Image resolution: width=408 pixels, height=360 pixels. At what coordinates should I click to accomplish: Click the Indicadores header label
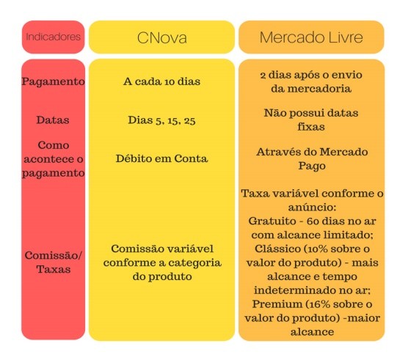53,37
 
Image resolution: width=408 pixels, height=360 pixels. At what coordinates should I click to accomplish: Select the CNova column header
162,37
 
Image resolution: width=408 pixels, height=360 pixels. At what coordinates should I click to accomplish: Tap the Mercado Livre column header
311,37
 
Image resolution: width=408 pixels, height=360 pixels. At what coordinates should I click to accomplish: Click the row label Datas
53,120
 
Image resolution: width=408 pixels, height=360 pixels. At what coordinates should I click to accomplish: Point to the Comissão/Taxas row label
54,262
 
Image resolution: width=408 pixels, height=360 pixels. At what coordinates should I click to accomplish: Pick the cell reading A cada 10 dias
162,81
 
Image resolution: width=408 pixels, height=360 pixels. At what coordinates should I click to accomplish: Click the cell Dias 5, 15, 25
161,120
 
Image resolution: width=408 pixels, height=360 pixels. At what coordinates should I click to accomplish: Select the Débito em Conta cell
162,158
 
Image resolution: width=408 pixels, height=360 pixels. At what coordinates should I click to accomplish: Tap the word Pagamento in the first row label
54,82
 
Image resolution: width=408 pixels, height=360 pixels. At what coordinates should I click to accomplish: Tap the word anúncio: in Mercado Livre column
312,207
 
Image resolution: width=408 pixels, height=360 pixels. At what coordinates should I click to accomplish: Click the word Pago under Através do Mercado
312,166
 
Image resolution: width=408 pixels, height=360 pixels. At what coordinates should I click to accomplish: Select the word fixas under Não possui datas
311,127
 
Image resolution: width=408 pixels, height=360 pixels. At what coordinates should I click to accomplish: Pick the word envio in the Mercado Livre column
347,75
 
